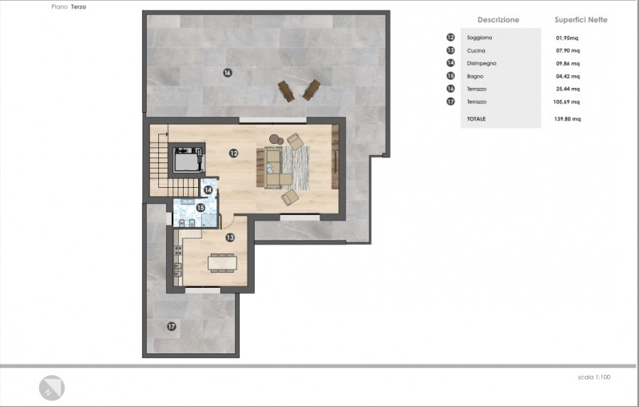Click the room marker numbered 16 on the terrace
(x=228, y=73)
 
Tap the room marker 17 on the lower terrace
(x=172, y=326)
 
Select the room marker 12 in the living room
(x=233, y=154)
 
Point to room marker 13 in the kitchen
(x=230, y=237)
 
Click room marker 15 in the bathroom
(x=200, y=208)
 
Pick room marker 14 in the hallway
(x=208, y=190)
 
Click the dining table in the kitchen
(x=222, y=262)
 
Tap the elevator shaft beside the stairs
(x=187, y=158)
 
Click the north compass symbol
(x=52, y=388)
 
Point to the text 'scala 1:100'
(x=594, y=377)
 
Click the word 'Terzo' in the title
(x=78, y=7)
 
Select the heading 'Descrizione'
(x=498, y=19)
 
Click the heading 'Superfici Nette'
(x=581, y=19)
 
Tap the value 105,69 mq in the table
(x=566, y=102)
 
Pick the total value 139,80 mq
(x=567, y=119)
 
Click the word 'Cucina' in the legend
(x=476, y=50)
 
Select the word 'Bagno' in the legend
(x=475, y=76)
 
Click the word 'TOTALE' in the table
(x=476, y=119)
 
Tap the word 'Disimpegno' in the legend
(x=482, y=64)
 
